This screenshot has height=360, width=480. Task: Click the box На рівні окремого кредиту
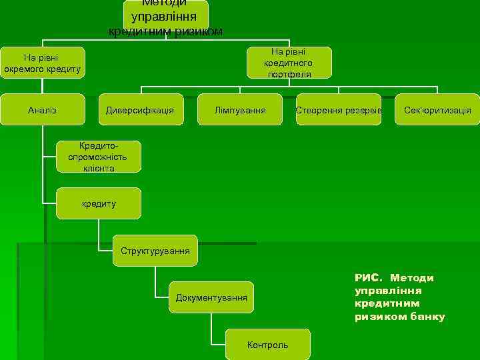pyautogui.click(x=42, y=63)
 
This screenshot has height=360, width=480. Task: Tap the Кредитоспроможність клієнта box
pyautogui.click(x=99, y=157)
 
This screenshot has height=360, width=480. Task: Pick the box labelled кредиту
pyautogui.click(x=99, y=203)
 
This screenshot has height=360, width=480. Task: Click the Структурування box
pyautogui.click(x=155, y=251)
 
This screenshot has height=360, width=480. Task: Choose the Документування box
pyautogui.click(x=211, y=297)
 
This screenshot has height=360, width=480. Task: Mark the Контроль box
pyautogui.click(x=267, y=345)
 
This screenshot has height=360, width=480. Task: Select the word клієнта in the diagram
pyautogui.click(x=99, y=168)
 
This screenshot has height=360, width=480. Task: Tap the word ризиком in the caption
pyautogui.click(x=377, y=316)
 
